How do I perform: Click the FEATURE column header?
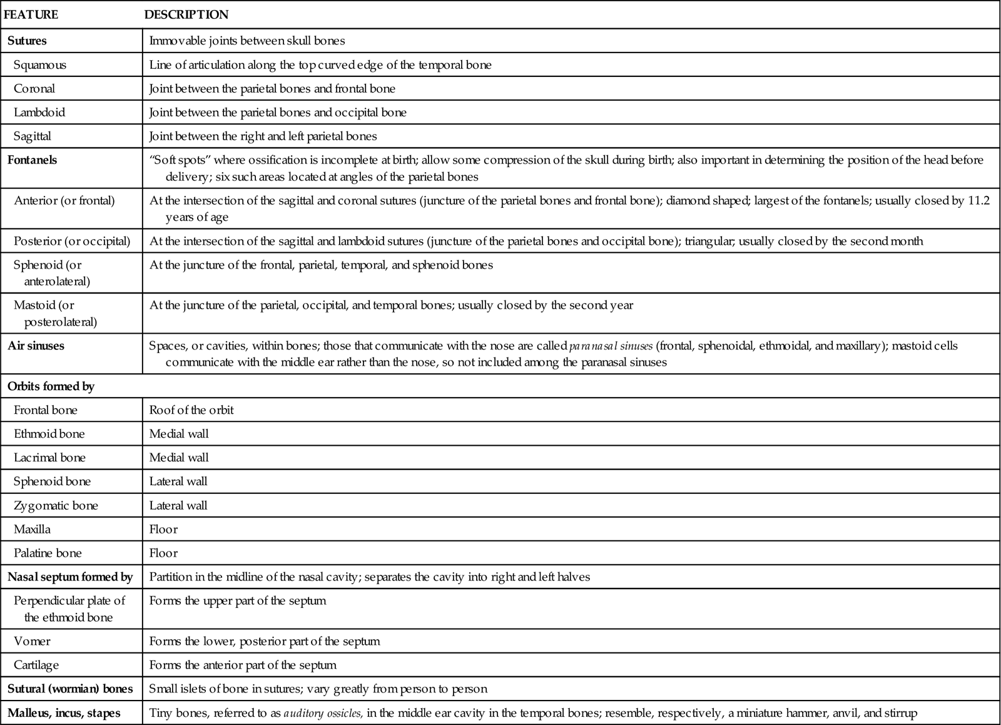31,14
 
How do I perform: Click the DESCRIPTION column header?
186,14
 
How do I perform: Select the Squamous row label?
40,65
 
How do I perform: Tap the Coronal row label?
34,89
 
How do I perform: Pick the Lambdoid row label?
39,113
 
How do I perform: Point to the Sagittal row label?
33,136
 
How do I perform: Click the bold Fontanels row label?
32,160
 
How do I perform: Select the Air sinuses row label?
36,346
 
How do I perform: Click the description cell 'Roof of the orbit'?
191,410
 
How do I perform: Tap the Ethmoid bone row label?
49,434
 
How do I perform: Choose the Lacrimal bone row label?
49,458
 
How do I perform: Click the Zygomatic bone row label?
56,505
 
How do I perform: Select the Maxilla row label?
32,529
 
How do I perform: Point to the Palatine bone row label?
48,553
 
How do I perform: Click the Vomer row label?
32,641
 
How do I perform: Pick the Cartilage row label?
36,665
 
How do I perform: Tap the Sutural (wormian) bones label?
70,689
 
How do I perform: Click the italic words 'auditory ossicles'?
323,713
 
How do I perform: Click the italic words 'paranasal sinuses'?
611,346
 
